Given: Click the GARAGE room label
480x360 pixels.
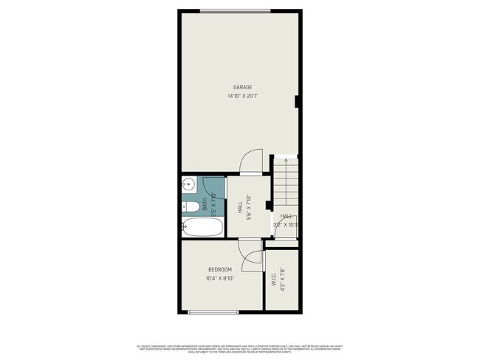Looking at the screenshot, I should coord(243,87).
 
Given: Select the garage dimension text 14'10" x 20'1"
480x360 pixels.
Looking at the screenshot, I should coord(243,96).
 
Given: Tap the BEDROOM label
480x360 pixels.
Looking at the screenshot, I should coord(219,269).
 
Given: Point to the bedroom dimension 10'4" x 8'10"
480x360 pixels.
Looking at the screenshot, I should coord(219,278).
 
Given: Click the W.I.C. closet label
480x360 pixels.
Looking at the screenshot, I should coord(273,280).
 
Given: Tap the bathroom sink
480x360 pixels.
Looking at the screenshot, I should coord(189,184).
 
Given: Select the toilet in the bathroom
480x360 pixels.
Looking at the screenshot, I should coord(190,207).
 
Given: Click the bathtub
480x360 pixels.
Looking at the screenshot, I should coord(200,228).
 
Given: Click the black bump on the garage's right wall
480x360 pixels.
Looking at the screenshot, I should coord(296,100).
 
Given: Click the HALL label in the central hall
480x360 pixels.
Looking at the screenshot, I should coord(241,209).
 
